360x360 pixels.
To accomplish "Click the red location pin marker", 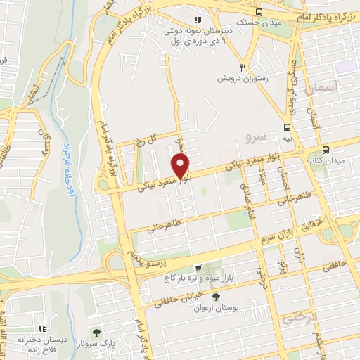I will click(181, 167).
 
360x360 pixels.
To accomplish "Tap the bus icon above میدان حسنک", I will click(259, 12).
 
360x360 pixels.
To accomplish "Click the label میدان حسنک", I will click(259, 23).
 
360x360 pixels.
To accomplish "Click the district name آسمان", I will click(323, 88).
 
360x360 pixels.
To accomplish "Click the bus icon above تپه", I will click(287, 127).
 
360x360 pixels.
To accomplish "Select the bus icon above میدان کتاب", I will click(326, 149).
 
